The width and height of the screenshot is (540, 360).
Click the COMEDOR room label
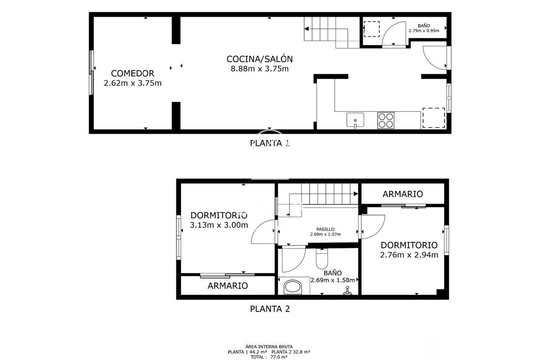(132, 73)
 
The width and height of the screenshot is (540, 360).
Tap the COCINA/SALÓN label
(260, 59)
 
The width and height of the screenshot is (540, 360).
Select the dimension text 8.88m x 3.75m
(260, 69)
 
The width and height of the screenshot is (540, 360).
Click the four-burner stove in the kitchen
(386, 120)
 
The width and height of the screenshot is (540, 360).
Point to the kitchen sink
(355, 120)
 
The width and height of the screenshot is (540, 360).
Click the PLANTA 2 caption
(270, 309)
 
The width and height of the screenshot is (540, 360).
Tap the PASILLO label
(325, 229)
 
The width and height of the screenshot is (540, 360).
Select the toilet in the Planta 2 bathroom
(322, 258)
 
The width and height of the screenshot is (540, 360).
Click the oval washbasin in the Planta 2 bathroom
(292, 287)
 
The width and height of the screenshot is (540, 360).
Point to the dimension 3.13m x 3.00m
(219, 225)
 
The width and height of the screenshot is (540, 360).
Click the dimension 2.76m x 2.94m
(409, 255)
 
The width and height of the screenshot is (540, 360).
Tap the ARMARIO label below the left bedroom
(228, 286)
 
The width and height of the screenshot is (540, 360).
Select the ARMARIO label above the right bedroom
(403, 194)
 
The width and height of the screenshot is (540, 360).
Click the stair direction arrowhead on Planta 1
(306, 29)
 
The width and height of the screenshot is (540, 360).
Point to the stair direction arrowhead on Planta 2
(356, 193)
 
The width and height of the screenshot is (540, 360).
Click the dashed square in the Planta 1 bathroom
(372, 29)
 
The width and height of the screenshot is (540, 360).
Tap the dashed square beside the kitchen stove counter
(434, 118)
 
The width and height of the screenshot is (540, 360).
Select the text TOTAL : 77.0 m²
(269, 357)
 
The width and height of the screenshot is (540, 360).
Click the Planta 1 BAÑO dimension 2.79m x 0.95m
(424, 31)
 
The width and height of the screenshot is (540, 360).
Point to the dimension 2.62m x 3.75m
(133, 83)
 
